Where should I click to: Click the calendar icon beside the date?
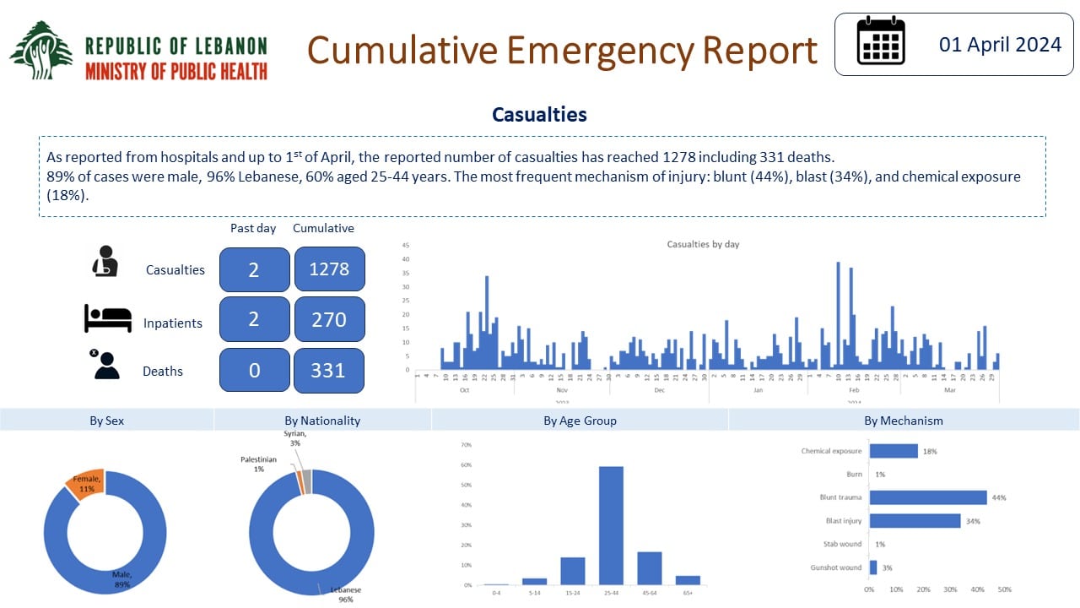pyautogui.click(x=881, y=41)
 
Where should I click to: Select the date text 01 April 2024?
pyautogui.click(x=1000, y=45)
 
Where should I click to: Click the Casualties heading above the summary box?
pyautogui.click(x=539, y=115)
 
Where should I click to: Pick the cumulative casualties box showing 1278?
pyautogui.click(x=329, y=269)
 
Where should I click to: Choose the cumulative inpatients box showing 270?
pyautogui.click(x=329, y=319)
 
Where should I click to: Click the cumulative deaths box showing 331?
pyautogui.click(x=329, y=370)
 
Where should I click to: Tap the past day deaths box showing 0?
pyautogui.click(x=254, y=370)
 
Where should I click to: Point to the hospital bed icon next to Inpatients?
pyautogui.click(x=108, y=319)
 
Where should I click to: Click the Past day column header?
pyautogui.click(x=254, y=228)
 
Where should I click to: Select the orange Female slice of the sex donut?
pyautogui.click(x=86, y=481)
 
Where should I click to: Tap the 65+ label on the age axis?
pyautogui.click(x=688, y=594)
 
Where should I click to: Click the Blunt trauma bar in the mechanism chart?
pyautogui.click(x=927, y=497)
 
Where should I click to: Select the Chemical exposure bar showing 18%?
pyautogui.click(x=894, y=451)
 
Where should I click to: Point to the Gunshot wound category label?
pyautogui.click(x=835, y=567)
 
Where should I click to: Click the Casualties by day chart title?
pyautogui.click(x=703, y=244)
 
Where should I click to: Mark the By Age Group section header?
pyautogui.click(x=580, y=421)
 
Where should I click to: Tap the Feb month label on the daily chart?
pyautogui.click(x=854, y=390)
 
